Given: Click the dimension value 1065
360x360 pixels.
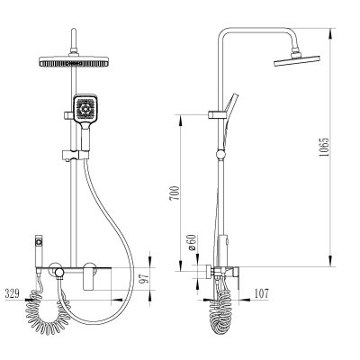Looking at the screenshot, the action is coord(324,147).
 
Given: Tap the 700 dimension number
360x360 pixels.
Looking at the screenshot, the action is coord(175,193).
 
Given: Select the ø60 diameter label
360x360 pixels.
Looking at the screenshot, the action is coord(192,242).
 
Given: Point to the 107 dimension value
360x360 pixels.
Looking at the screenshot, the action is coord(261,293).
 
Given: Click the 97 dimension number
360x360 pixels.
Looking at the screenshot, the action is coord(144,278).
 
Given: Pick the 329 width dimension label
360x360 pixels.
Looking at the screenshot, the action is coord(12,293).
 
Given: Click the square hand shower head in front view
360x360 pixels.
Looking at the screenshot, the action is coord(85,109).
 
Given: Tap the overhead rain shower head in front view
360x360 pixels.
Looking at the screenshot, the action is coord(73,61).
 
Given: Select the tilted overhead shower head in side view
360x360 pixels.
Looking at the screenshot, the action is coord(297,60).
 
